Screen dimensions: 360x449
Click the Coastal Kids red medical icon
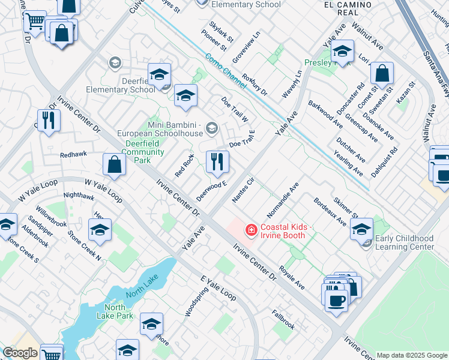pos(251,230)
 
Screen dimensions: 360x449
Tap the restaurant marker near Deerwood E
pos(217,161)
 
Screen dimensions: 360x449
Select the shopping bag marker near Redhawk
pos(113,164)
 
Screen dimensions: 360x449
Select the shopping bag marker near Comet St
pos(382,74)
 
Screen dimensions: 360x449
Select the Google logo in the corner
pos(20,353)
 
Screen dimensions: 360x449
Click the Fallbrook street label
pos(283,320)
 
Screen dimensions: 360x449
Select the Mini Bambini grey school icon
pos(211,127)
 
